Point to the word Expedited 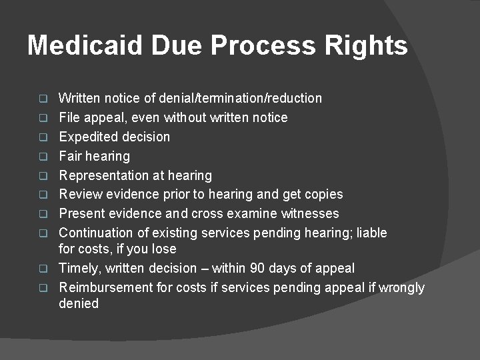coord(87,137)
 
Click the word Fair coord(71,157)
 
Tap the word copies coord(322,195)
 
